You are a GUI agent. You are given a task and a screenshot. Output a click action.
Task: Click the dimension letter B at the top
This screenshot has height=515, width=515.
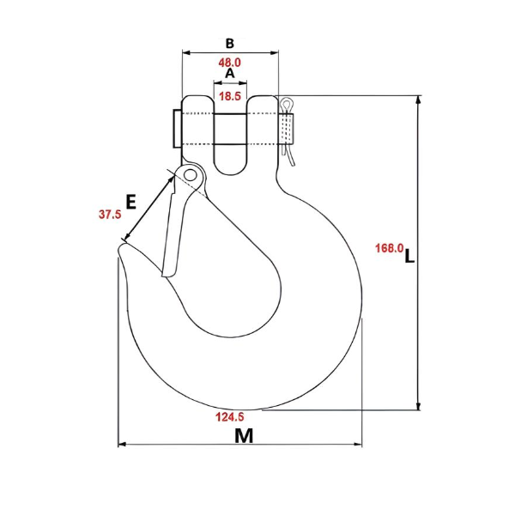(229, 42)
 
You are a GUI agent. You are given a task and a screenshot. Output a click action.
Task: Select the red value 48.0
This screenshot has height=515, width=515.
(230, 63)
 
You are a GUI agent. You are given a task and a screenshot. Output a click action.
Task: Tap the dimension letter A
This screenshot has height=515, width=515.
(229, 76)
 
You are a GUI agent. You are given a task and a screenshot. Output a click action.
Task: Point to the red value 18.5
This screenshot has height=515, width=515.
(230, 97)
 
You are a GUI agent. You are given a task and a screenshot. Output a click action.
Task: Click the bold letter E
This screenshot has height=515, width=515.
(130, 203)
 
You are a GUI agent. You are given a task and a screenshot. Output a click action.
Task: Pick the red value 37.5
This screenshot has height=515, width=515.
(109, 215)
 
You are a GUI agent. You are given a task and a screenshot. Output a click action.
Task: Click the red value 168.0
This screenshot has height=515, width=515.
(389, 248)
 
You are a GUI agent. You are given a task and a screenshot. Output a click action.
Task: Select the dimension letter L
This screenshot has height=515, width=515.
(410, 255)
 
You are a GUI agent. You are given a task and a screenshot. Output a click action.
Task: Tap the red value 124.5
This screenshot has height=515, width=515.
(230, 418)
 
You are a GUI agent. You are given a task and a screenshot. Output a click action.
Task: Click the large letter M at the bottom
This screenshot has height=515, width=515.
(245, 435)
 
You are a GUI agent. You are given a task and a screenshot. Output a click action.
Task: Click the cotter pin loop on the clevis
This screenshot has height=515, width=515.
(288, 105)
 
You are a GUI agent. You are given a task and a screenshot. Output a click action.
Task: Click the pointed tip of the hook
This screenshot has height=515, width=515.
(121, 248)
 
